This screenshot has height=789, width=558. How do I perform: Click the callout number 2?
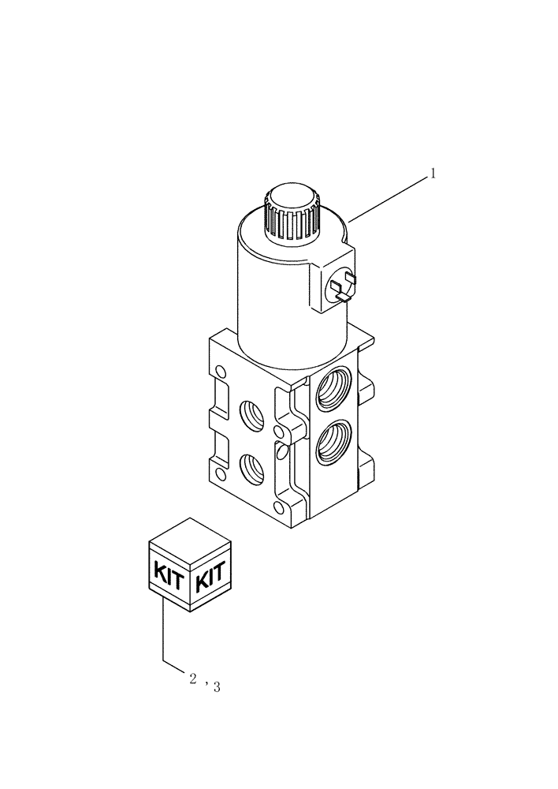pyautogui.click(x=192, y=678)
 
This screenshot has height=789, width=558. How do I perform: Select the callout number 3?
pyautogui.click(x=216, y=687)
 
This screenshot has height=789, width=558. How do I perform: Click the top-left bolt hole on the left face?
pyautogui.click(x=220, y=372)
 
